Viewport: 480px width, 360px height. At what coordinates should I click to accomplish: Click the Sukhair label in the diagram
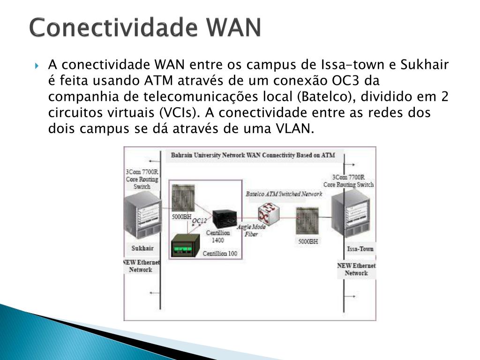click(x=142, y=248)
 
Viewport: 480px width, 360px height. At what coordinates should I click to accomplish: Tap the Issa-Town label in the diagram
click(x=360, y=249)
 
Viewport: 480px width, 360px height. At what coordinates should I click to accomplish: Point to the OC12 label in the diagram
click(x=199, y=221)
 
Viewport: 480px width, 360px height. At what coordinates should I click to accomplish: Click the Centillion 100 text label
click(x=220, y=254)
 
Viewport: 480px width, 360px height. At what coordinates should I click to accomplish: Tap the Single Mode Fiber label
click(x=251, y=230)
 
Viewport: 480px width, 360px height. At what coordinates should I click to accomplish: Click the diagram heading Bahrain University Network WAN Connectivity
click(x=253, y=155)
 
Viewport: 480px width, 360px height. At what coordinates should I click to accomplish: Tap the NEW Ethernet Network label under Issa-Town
click(x=356, y=269)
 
